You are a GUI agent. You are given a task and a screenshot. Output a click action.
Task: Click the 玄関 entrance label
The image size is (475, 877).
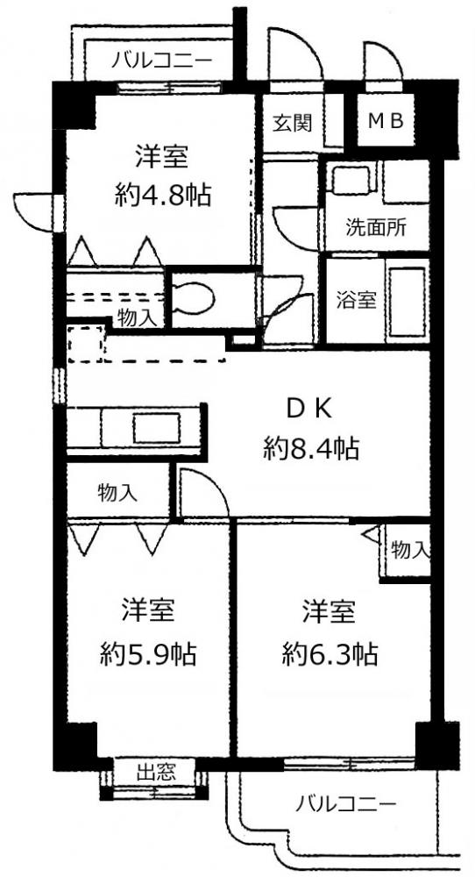tap(292, 123)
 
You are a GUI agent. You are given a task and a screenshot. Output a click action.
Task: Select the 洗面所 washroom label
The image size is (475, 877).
tap(375, 227)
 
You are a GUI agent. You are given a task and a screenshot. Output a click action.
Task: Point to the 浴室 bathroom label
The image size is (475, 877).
tap(356, 300)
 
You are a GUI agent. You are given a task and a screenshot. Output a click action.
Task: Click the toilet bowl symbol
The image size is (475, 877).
tap(194, 297)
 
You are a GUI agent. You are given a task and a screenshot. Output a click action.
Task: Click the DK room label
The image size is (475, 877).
tap(309, 410)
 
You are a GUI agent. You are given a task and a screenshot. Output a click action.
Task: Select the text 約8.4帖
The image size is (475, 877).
tap(311, 448)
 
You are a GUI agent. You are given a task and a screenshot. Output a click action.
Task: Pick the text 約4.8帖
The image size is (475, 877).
tap(163, 196)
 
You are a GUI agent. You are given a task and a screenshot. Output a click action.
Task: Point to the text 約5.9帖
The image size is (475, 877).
tap(148, 652)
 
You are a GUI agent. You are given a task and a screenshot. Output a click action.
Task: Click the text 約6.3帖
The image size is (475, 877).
tap(330, 652)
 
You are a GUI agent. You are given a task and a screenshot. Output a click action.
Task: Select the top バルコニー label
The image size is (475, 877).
tap(161, 59)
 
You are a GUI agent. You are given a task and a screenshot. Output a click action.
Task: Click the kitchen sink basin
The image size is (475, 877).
tap(157, 429)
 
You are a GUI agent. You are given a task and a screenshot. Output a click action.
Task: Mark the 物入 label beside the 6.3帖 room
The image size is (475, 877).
tap(409, 551)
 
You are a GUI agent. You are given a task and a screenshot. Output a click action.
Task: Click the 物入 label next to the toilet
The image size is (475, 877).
tap(137, 318)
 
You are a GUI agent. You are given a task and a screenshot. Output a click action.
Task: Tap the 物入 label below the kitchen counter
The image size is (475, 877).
tap(117, 493)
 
